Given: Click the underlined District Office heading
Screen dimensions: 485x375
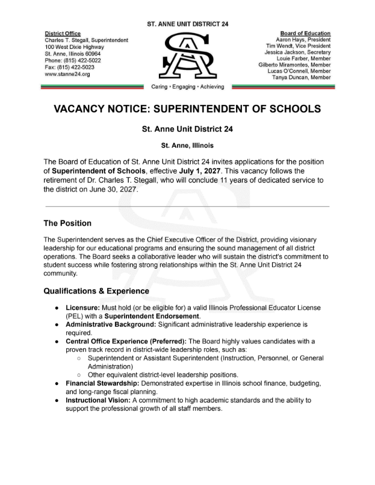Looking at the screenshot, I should [x=63, y=33].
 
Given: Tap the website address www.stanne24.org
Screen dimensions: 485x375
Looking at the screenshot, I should [x=67, y=74].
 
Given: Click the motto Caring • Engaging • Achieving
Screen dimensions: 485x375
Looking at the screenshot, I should [x=187, y=87].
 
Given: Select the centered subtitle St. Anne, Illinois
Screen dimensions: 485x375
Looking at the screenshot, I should [x=187, y=145].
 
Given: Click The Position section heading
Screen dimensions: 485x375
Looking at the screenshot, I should [x=67, y=224].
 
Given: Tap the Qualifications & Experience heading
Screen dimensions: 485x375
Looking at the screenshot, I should [x=96, y=291].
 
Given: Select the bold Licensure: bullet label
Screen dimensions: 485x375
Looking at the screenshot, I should [x=87, y=307].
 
